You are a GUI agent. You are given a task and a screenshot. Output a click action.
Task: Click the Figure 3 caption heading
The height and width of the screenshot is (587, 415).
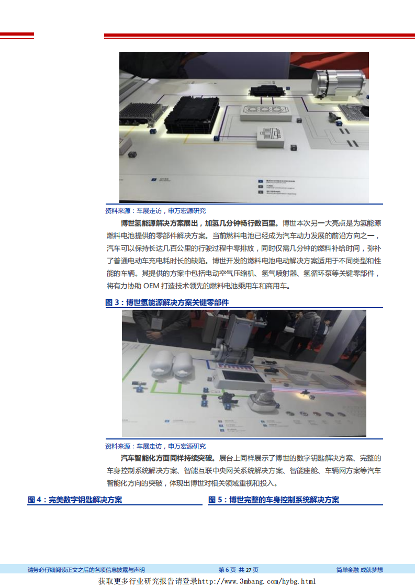click(167, 302)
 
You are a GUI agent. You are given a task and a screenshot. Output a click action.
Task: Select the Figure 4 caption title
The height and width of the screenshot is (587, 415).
click(75, 500)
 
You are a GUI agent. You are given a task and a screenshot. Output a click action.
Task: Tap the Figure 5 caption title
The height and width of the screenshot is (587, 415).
click(274, 500)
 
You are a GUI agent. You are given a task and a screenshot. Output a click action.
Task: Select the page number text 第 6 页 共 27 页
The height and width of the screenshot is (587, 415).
click(238, 570)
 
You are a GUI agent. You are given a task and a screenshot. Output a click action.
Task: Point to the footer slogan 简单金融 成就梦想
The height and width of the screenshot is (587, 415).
click(360, 570)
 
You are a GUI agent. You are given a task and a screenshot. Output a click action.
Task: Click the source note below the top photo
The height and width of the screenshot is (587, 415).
click(155, 211)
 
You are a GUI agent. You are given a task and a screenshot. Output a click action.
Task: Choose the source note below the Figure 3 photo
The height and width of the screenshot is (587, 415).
click(155, 446)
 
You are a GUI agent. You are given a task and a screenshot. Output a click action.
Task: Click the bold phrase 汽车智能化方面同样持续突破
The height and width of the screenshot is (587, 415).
click(164, 458)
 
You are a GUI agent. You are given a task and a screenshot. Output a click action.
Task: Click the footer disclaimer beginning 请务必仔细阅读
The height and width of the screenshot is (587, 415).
click(86, 570)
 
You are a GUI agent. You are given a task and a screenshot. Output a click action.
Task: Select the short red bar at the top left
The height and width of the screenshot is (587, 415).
click(17, 36)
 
